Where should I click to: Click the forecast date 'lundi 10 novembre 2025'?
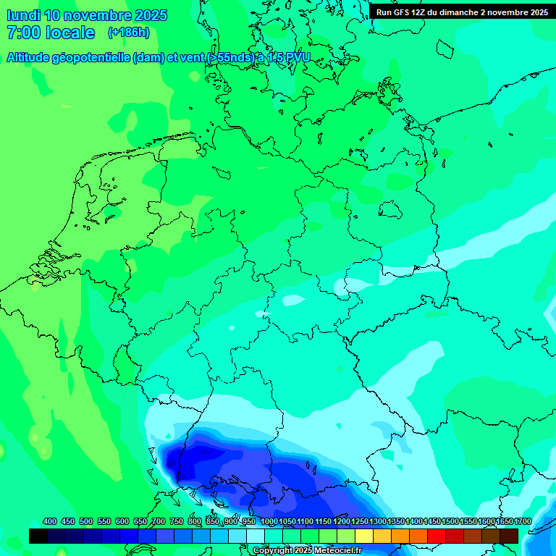tap(86, 15)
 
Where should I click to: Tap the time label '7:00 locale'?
tap(50, 33)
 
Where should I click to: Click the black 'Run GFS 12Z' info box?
tap(462, 12)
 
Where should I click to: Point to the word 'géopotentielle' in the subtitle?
tap(92, 58)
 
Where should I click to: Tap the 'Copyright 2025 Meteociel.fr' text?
tap(307, 551)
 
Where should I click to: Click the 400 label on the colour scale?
tap(50, 522)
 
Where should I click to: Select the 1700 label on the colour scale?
tap(523, 522)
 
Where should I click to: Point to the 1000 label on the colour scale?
tap(269, 522)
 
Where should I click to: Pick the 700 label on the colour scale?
tap(159, 522)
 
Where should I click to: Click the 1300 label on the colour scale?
tap(378, 522)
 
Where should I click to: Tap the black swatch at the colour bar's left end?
tap(38, 536)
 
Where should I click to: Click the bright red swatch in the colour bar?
tap(437, 536)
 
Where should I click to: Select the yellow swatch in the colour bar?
tap(364, 536)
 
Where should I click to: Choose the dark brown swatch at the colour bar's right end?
tap(509, 536)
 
